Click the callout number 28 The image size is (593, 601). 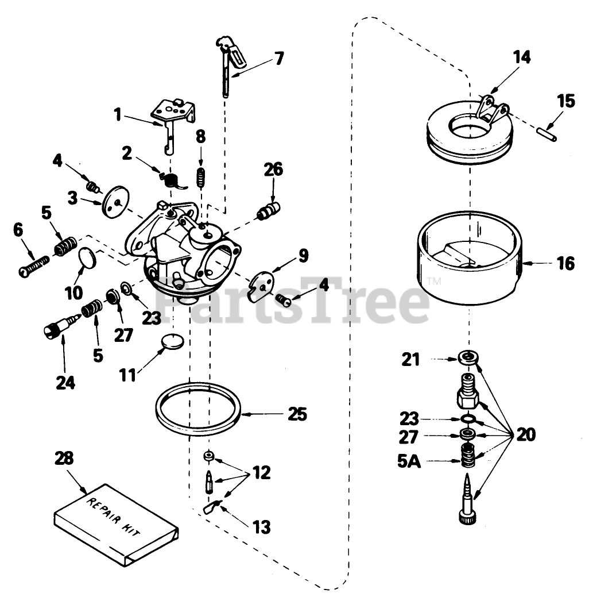pos(64,459)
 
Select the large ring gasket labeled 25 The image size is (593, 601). pos(197,409)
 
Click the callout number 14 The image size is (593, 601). pos(522,58)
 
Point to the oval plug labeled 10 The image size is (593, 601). pos(88,258)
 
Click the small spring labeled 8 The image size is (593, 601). pos(200,176)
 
